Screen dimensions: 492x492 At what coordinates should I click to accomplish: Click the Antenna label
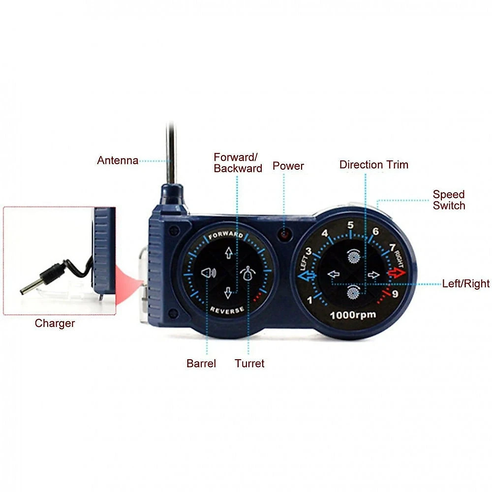point(118,160)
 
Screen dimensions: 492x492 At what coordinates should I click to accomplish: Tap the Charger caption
point(55,324)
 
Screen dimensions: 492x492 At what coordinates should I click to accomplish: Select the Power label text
point(288,166)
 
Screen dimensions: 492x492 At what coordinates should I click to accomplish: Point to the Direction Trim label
point(374,164)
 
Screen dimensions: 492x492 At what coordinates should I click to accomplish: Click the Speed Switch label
point(449,200)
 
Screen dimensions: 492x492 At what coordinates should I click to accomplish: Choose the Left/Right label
point(466,284)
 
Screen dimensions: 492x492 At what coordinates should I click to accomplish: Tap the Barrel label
point(201,364)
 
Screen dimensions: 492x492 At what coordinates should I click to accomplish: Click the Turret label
point(249,364)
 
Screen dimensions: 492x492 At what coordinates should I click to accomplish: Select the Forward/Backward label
point(238,163)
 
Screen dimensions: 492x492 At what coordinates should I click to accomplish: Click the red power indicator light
point(284,234)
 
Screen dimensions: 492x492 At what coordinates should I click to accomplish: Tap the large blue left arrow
point(307,276)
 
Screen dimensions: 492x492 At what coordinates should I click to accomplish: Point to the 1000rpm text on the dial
point(353,315)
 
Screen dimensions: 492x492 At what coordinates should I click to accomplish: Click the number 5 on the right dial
point(350,225)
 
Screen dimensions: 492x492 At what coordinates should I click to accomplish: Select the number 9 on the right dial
point(395,294)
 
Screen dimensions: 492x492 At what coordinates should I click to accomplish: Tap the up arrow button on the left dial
point(229,252)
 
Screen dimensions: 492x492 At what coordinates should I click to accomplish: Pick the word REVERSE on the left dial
point(227,310)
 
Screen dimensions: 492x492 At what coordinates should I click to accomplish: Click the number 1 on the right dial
point(310,300)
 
